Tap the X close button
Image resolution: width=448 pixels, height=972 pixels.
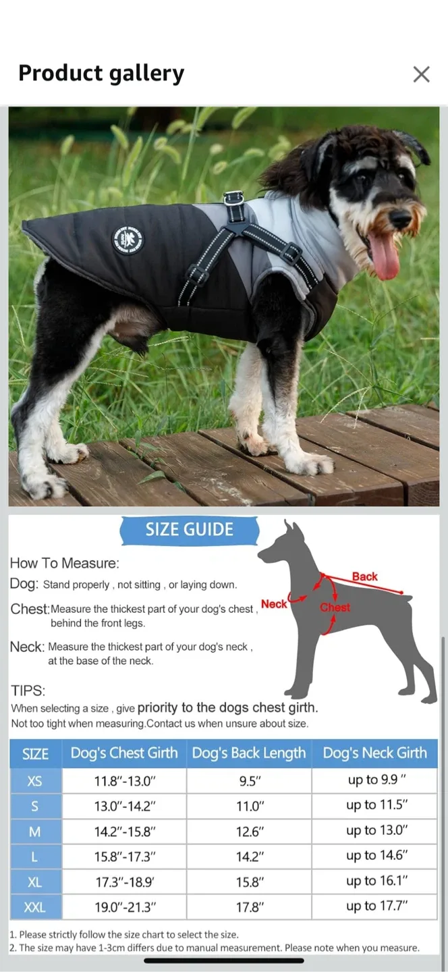[x=421, y=74]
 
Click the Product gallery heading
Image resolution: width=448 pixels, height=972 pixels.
[x=101, y=73]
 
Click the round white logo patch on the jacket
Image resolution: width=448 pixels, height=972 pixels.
[x=128, y=240]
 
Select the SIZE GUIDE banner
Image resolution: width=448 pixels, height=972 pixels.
[x=190, y=530]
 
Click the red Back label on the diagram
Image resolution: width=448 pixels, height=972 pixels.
[x=364, y=576]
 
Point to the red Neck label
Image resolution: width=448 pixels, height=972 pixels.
[x=274, y=604]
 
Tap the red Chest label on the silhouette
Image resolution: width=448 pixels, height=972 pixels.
[x=335, y=607]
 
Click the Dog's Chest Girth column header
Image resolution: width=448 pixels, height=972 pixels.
[x=124, y=753]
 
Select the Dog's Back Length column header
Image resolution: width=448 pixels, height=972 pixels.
[x=249, y=753]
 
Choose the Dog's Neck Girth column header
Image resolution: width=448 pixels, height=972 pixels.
[x=374, y=753]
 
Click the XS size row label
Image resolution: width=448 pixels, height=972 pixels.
[x=35, y=781]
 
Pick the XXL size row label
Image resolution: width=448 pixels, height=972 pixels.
[x=35, y=907]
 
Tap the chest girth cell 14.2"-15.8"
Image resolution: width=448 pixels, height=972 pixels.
[x=125, y=832]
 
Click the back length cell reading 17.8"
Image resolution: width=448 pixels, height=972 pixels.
[x=249, y=907]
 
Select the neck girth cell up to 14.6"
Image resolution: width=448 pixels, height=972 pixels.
[x=377, y=856]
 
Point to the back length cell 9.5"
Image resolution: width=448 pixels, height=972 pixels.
[x=249, y=781]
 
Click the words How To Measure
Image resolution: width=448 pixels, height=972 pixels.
[x=65, y=563]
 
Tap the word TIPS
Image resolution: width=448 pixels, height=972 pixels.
[x=28, y=691]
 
